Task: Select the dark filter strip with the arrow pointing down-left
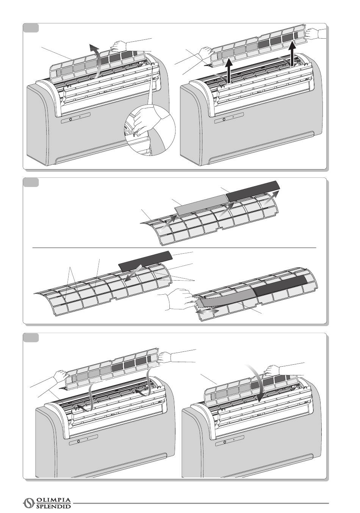tap(146, 260)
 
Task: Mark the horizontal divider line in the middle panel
tap(174, 248)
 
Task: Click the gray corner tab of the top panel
tap(30, 28)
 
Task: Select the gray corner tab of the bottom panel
tap(30, 337)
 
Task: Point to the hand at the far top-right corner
tap(314, 33)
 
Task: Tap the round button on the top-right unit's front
tap(224, 119)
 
